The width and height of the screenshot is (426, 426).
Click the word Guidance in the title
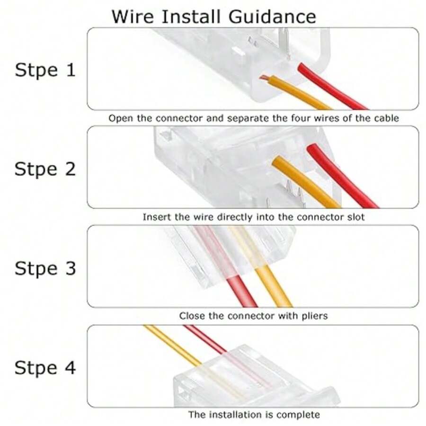tap(273, 17)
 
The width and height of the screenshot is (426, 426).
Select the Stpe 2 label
tap(45, 169)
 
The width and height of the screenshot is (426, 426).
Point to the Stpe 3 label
tap(45, 268)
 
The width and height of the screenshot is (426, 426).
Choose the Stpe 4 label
tap(45, 368)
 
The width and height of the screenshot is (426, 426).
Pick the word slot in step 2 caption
tap(355, 217)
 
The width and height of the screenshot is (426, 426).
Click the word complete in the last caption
tap(298, 415)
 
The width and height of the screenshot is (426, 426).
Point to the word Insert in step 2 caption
tap(155, 217)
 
